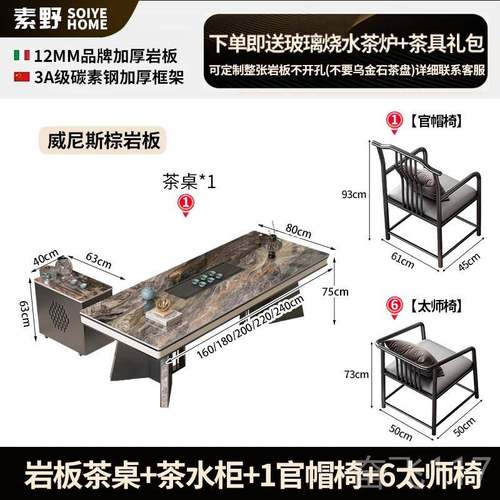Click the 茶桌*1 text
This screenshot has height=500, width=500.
189,181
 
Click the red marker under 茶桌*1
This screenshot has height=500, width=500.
184,203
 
